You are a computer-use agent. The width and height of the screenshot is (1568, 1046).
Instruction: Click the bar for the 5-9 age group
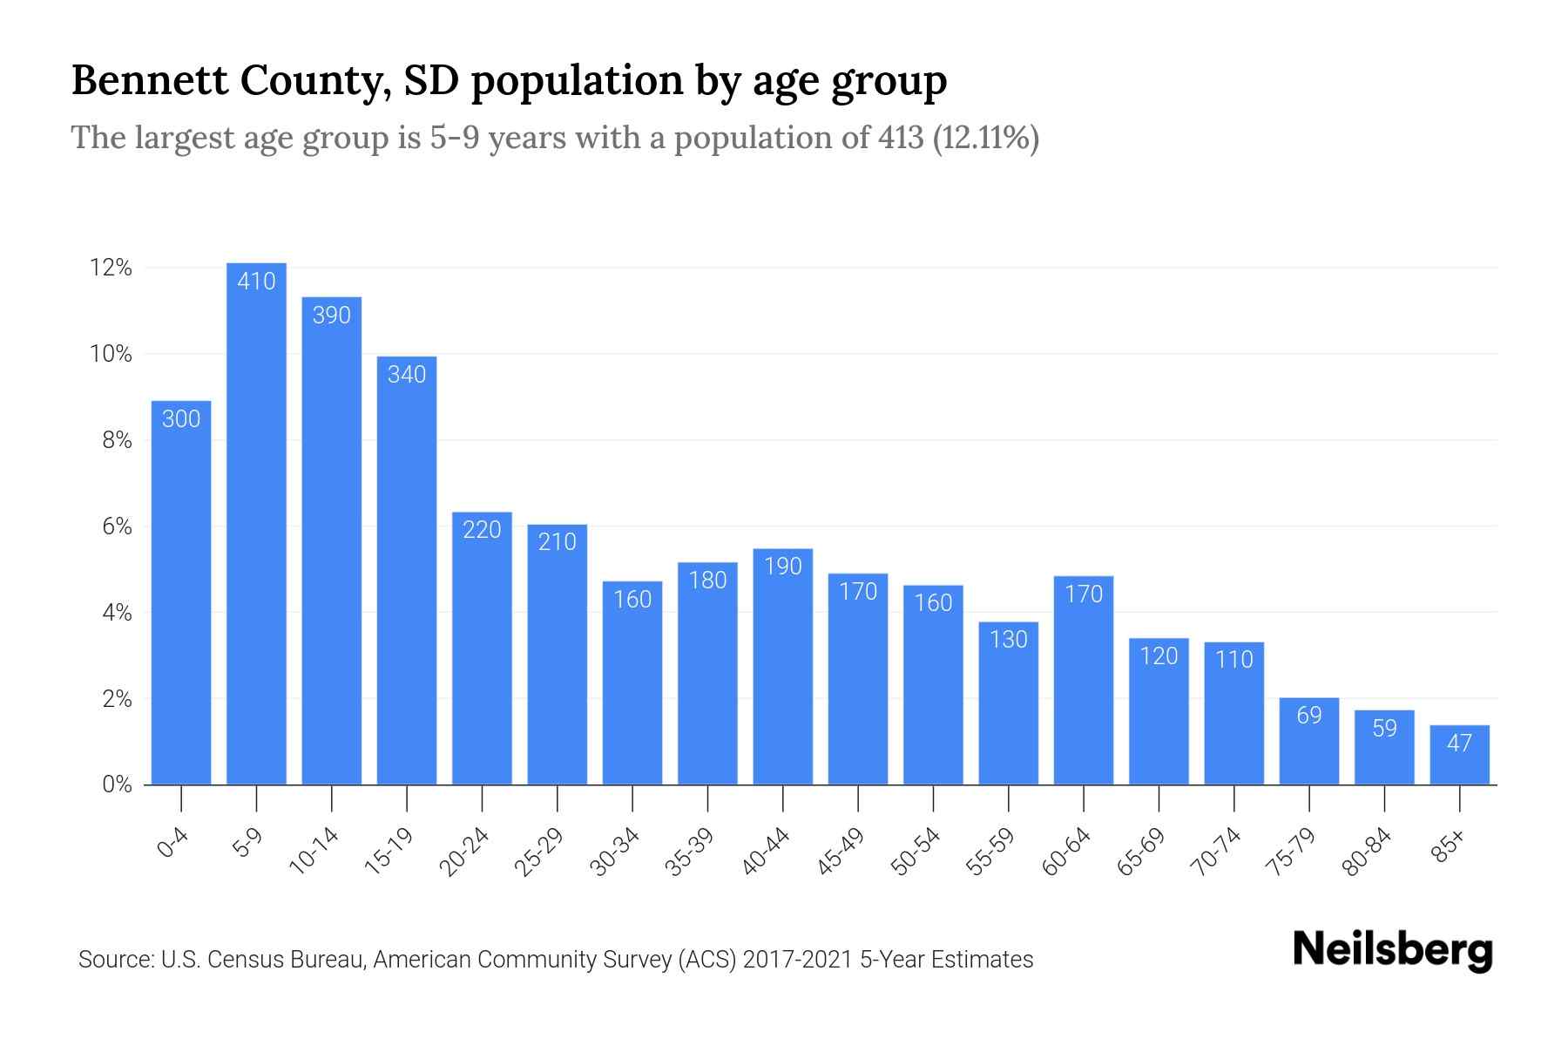pyautogui.click(x=256, y=523)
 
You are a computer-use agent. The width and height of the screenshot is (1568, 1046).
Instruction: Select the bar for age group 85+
pyautogui.click(x=1459, y=755)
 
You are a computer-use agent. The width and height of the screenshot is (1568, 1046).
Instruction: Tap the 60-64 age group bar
pyautogui.click(x=1083, y=680)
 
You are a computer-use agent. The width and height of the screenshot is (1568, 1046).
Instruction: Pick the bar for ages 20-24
pyautogui.click(x=482, y=649)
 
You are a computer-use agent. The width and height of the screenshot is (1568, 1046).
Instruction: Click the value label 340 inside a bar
pyautogui.click(x=407, y=375)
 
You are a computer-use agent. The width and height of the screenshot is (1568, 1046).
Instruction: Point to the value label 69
pyautogui.click(x=1309, y=716)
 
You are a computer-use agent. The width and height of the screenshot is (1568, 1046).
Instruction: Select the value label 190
pyautogui.click(x=782, y=567)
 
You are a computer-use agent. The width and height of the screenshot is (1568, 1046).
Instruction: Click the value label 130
pyautogui.click(x=1008, y=640)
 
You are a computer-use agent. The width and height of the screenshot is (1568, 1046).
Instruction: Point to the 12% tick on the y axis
pyautogui.click(x=111, y=268)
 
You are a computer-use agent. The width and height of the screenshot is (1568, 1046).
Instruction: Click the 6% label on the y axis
pyautogui.click(x=117, y=526)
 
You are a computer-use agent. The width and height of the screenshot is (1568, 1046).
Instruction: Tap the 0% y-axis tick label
pyautogui.click(x=117, y=784)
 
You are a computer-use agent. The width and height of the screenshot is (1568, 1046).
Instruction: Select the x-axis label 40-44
pyautogui.click(x=766, y=852)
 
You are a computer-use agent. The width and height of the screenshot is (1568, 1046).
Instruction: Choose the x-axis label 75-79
pyautogui.click(x=1292, y=852)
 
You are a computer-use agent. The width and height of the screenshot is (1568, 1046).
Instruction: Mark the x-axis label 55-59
pyautogui.click(x=991, y=852)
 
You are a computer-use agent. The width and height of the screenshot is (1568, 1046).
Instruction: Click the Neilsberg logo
pyautogui.click(x=1392, y=949)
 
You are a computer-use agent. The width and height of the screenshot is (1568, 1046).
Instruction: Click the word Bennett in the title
pyautogui.click(x=149, y=80)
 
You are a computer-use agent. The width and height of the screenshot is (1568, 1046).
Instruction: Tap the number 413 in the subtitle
pyautogui.click(x=901, y=138)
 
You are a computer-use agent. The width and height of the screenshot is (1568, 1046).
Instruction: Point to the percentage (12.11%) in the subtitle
pyautogui.click(x=985, y=138)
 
